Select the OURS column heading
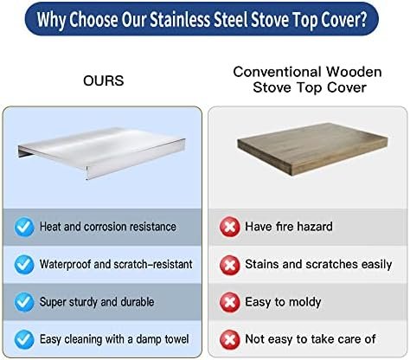[104, 80]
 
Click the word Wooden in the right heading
[354, 72]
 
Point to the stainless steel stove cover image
[101, 152]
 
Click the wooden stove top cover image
[312, 149]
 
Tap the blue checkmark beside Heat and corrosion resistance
[24, 227]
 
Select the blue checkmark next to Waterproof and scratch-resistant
[24, 265]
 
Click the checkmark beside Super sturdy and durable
[24, 302]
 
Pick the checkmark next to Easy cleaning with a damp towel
[24, 339]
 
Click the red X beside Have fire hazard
[230, 227]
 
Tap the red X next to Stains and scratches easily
[230, 265]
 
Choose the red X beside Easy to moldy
[230, 302]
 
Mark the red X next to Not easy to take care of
[230, 339]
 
